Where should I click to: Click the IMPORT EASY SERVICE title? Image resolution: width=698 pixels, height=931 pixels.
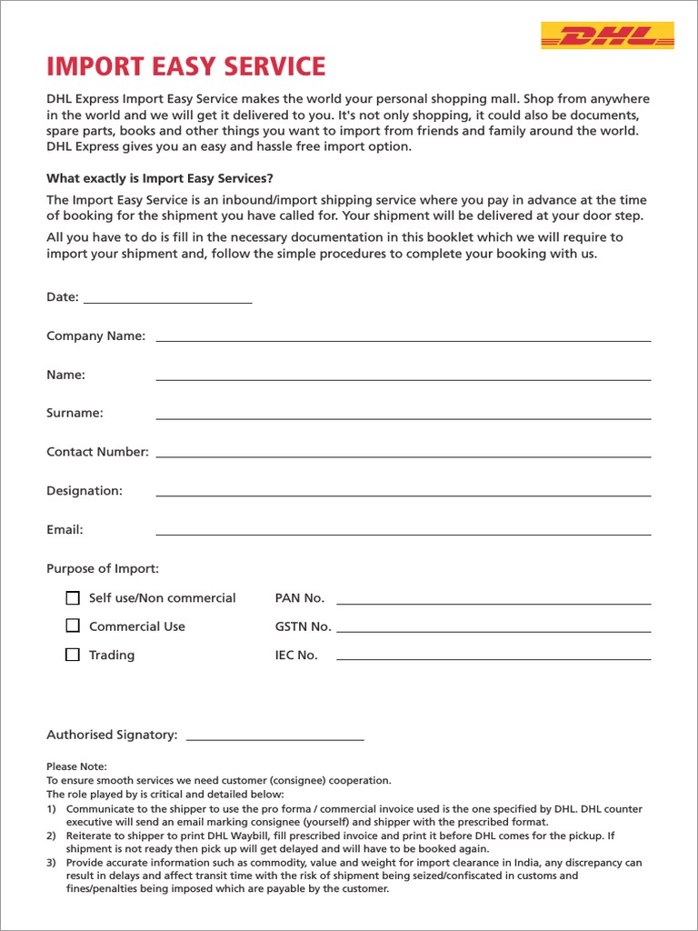point(185,66)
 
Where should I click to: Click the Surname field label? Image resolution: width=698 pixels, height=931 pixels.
point(75,413)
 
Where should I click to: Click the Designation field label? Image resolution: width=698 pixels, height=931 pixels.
point(84,491)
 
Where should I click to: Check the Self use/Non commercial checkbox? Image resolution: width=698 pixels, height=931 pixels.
point(73,598)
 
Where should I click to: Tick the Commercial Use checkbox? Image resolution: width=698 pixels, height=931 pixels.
point(73,626)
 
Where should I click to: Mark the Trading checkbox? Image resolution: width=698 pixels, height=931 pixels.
point(73,655)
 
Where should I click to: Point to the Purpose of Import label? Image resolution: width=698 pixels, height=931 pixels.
point(103,569)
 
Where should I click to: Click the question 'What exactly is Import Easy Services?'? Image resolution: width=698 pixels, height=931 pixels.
point(160,178)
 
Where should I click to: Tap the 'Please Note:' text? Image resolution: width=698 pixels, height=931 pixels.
point(76,766)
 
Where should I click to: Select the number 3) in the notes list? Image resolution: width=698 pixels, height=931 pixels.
point(52,863)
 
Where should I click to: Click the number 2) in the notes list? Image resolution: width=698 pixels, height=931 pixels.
point(52,835)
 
